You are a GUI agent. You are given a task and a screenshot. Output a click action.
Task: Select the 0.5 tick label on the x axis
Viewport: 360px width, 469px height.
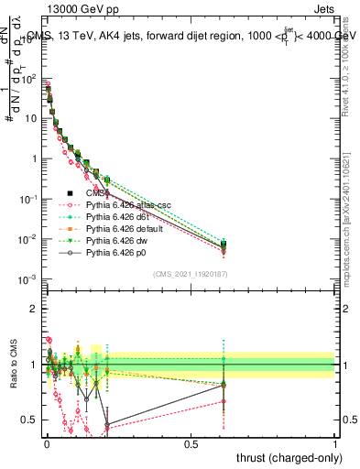[x=191, y=444]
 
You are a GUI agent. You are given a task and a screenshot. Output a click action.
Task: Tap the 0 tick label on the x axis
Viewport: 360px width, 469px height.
[x=46, y=444]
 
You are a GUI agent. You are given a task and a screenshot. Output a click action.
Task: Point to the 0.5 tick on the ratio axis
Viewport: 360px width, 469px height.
[x=29, y=420]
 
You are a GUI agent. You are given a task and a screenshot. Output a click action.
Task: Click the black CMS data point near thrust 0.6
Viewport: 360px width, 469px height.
[x=222, y=245]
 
